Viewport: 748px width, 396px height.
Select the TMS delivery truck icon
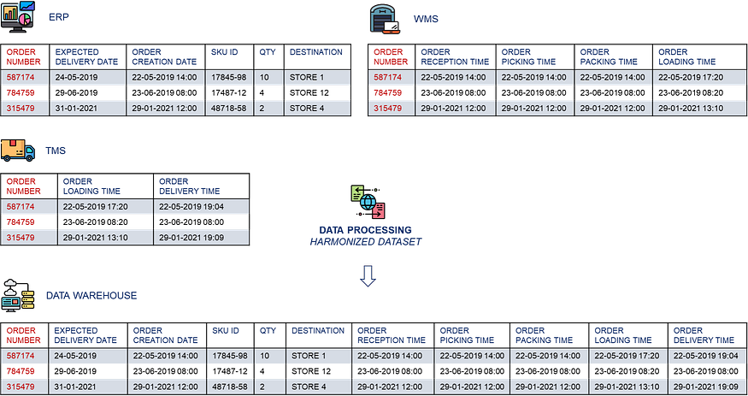pyautogui.click(x=18, y=151)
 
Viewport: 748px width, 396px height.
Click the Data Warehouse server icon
pyautogui.click(x=19, y=296)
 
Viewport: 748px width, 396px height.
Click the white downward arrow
pyautogui.click(x=368, y=276)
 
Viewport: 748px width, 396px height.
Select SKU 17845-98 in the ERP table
pyautogui.click(x=229, y=77)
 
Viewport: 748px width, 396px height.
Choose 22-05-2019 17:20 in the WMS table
pyautogui.click(x=691, y=77)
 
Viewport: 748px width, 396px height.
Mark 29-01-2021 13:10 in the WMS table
pyautogui.click(x=691, y=108)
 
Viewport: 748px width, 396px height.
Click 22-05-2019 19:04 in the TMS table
pyautogui.click(x=191, y=206)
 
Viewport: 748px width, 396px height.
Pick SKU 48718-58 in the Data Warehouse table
pyautogui.click(x=229, y=387)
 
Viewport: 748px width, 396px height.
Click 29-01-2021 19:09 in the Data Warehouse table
pyautogui.click(x=704, y=387)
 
